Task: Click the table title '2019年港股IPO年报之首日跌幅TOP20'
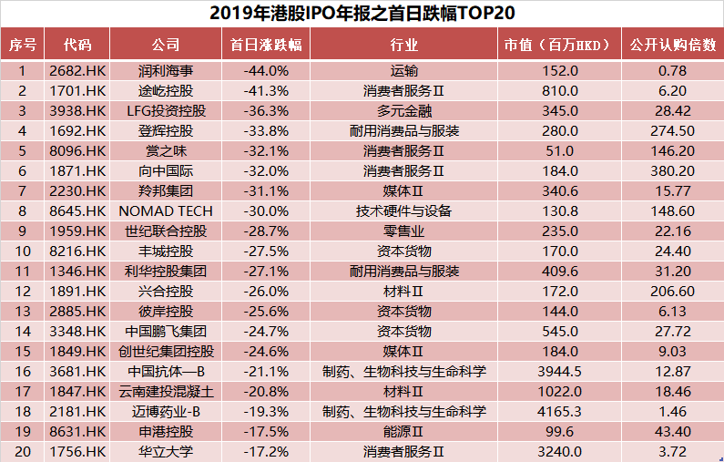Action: tap(362, 13)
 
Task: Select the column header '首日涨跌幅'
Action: tap(266, 45)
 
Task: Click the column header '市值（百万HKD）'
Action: tap(559, 45)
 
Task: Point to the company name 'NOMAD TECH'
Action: tap(166, 210)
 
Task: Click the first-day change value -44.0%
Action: tap(266, 70)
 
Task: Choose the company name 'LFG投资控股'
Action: tap(166, 110)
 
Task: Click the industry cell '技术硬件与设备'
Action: tap(403, 210)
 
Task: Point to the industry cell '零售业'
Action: tap(403, 231)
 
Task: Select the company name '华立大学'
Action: tap(166, 451)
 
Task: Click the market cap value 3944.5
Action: tap(559, 371)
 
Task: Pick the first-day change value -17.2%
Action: tap(266, 451)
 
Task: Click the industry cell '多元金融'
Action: tap(403, 110)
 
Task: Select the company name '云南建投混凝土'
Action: tap(166, 391)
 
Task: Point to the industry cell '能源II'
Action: tap(403, 431)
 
